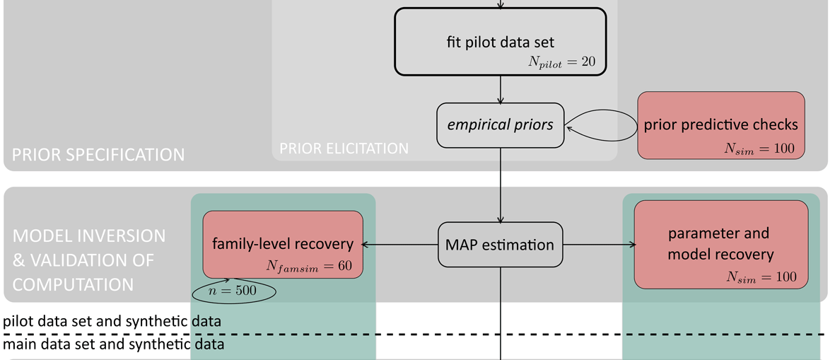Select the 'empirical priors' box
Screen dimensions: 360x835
[x=500, y=125]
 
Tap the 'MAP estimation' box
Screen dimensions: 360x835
[x=500, y=245]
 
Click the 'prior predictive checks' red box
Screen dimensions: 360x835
[x=720, y=125]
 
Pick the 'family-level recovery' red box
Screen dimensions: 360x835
[x=283, y=244]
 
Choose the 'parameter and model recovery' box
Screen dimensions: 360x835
[x=720, y=244]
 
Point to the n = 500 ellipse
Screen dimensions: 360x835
[x=233, y=291]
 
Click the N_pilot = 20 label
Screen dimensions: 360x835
[x=561, y=62]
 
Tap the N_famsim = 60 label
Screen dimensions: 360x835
[x=309, y=266]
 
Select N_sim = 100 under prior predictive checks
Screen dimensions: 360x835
[x=759, y=148]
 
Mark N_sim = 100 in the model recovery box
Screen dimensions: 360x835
[x=761, y=277]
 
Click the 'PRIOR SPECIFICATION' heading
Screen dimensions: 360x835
[x=98, y=154]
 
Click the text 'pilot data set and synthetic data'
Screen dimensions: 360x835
[x=112, y=321]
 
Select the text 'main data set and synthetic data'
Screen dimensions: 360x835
[x=114, y=345]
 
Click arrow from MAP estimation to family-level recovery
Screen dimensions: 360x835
[x=400, y=245]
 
